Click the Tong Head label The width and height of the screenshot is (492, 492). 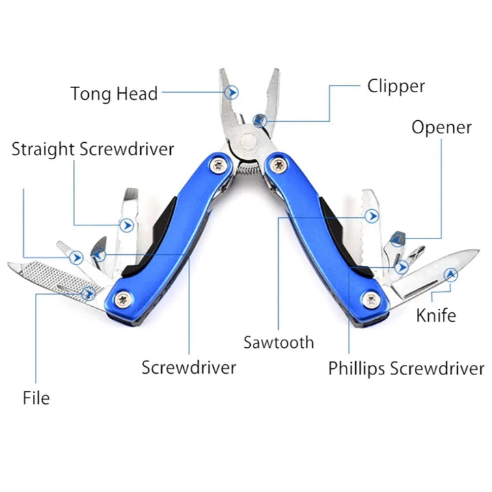114,93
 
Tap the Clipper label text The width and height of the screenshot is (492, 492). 396,86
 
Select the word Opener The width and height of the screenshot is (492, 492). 441,128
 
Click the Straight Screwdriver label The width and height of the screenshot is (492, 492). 93,149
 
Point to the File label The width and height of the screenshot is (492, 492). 36,397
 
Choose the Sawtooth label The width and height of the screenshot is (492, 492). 279,342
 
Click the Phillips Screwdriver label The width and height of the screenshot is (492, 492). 406,369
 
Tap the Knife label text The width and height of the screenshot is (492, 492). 436,315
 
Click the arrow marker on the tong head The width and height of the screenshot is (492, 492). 233,92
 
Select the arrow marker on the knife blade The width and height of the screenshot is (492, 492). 450,275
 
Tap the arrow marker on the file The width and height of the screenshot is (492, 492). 88,293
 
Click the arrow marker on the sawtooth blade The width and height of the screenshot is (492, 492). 372,217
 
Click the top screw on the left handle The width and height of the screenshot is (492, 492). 219,163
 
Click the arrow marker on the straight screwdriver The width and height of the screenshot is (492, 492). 126,224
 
